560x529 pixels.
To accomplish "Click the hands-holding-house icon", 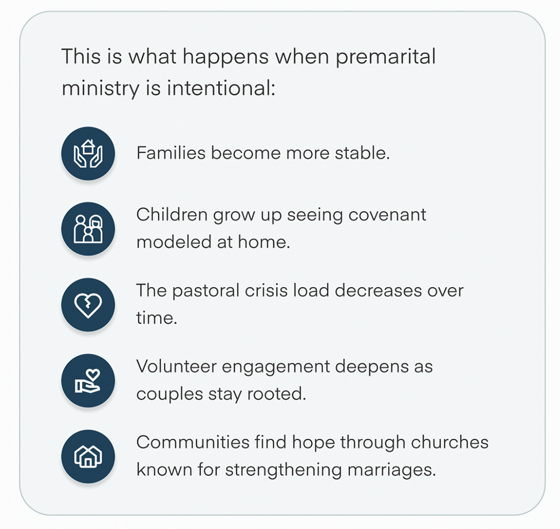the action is [x=88, y=154].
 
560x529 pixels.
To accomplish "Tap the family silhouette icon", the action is [x=88, y=229].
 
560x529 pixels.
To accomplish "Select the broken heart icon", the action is [x=88, y=305].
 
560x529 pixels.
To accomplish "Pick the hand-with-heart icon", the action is [x=88, y=381].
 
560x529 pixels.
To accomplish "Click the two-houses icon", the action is [x=88, y=456].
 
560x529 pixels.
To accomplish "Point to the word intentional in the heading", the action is [x=221, y=88].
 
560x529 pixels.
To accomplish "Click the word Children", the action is [x=172, y=215].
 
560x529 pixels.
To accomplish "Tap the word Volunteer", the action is [x=177, y=367].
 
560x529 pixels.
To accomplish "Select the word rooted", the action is [x=276, y=394].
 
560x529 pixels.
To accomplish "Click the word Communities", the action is [x=193, y=442].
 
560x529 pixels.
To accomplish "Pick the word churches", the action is [x=450, y=442].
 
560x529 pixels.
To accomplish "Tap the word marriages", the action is [x=392, y=470].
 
